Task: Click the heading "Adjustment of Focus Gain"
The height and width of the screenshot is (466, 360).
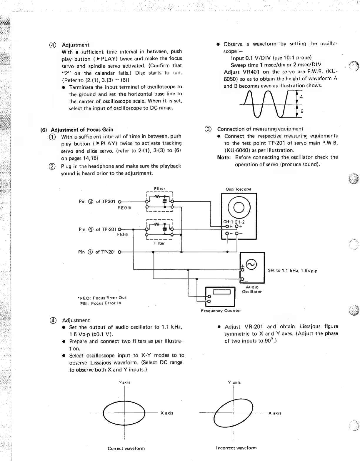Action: click(x=82, y=130)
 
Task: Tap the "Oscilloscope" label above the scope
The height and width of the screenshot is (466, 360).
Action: click(x=238, y=189)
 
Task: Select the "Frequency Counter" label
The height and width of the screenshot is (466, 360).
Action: click(x=221, y=311)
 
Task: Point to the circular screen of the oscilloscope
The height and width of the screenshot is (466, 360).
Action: click(x=239, y=207)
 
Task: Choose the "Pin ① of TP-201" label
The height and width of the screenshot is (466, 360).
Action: click(x=97, y=252)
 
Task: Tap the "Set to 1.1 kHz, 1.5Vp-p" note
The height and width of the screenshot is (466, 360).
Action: click(x=292, y=270)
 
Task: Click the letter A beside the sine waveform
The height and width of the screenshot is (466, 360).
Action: click(x=301, y=97)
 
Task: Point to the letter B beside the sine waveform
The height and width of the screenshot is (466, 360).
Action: click(x=302, y=111)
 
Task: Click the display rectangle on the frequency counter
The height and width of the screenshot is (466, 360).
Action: click(x=221, y=292)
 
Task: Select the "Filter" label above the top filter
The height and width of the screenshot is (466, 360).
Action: click(x=159, y=189)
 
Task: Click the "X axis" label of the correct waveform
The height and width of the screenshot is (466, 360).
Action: click(x=167, y=413)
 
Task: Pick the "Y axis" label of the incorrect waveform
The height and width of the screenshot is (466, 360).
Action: click(x=234, y=382)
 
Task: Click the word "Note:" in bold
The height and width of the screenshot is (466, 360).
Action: click(x=224, y=157)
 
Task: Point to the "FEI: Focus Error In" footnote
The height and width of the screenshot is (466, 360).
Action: click(x=101, y=303)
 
